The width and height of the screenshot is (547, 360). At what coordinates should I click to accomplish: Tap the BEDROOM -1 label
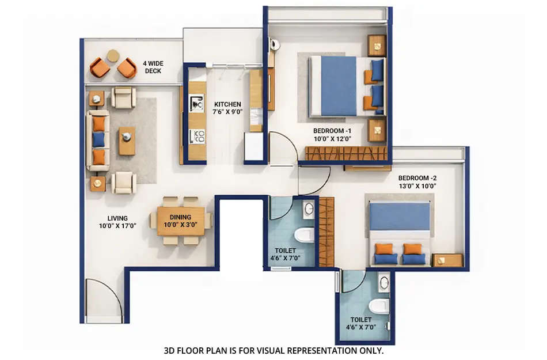(332, 131)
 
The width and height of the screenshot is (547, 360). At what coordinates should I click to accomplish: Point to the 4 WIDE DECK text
(153, 67)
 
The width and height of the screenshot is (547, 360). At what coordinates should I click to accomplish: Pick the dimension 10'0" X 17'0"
(117, 226)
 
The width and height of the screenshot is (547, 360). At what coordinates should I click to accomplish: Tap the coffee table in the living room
(127, 141)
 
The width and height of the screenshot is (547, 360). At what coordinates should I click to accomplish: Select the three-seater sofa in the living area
(98, 141)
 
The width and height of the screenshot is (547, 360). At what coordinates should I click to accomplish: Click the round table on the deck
(113, 56)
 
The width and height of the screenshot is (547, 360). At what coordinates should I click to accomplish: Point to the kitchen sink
(197, 104)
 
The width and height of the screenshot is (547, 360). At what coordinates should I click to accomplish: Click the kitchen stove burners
(197, 137)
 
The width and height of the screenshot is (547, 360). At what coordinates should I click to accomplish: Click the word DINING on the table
(180, 217)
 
